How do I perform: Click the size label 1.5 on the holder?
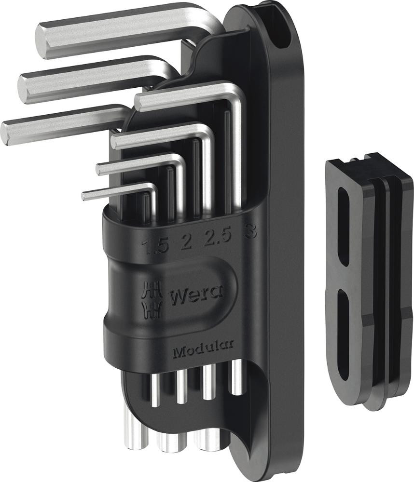(x=155, y=246)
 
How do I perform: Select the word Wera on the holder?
(x=196, y=295)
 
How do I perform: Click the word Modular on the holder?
(x=203, y=350)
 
